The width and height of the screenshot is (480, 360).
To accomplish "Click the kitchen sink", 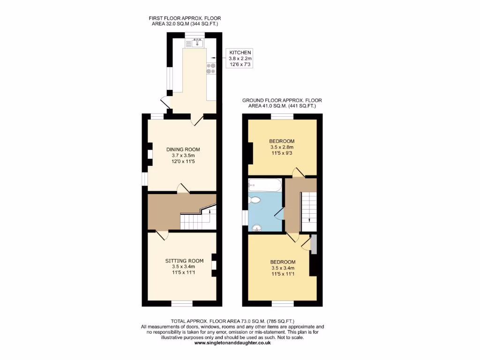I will pyautogui.click(x=197, y=44).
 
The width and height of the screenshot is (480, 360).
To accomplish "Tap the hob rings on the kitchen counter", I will pyautogui.click(x=210, y=68).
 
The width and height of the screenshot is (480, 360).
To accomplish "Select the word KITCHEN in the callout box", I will pyautogui.click(x=240, y=52).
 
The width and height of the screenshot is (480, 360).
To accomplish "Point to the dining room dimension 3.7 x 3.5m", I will pyautogui.click(x=180, y=156).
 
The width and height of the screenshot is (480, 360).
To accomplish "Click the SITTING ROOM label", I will pyautogui.click(x=184, y=261).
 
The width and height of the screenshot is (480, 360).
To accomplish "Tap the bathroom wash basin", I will pyautogui.click(x=256, y=228).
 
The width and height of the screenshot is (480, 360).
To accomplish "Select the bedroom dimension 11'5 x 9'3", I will pyautogui.click(x=281, y=153).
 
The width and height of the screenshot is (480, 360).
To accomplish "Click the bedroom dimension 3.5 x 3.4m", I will pyautogui.click(x=283, y=268).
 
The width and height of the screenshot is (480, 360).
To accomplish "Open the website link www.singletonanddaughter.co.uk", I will pyautogui.click(x=232, y=343).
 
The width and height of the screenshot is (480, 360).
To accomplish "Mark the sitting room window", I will pyautogui.click(x=181, y=304).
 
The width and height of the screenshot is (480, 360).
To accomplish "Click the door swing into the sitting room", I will pyautogui.click(x=161, y=236).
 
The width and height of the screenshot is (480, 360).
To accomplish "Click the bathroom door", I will pyautogui.click(x=279, y=214).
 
